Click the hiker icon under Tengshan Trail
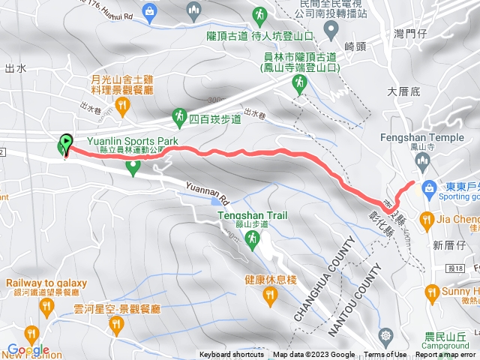pyautogui.click(x=252, y=238)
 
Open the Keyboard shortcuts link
pyautogui.click(x=232, y=355)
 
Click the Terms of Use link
pyautogui.click(x=385, y=355)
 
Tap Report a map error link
pyautogui.click(x=446, y=355)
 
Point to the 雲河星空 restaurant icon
pyautogui.click(x=115, y=324)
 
